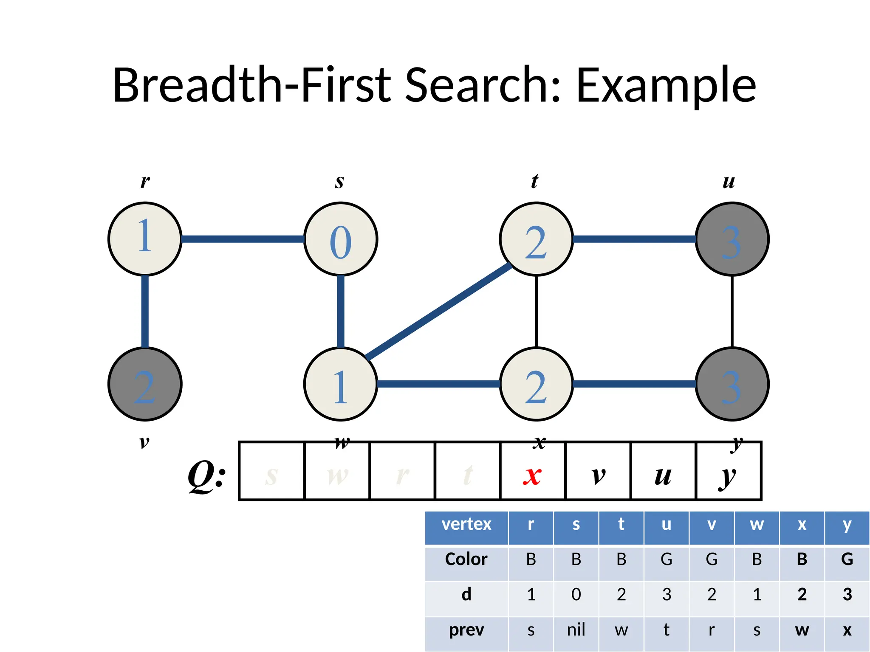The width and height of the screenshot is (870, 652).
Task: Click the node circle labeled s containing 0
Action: coord(341,239)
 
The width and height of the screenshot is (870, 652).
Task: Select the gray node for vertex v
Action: coord(145,384)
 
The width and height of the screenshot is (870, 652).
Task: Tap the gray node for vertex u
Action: coord(732,239)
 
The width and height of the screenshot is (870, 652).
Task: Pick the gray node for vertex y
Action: coord(732,384)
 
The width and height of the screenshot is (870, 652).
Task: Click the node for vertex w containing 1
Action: coord(341,384)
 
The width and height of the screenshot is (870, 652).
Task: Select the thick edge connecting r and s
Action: coord(242,239)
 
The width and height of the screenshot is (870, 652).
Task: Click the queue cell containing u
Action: coord(663,471)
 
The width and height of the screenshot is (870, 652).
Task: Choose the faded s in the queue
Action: coord(271,475)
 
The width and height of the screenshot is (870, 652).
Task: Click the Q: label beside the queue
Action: coord(207,475)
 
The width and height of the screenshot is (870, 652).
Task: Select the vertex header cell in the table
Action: coord(466,525)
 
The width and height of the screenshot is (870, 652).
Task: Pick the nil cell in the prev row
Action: coord(576,630)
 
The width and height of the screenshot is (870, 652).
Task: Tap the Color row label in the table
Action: coord(466,559)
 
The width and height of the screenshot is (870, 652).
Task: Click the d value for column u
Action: coord(666,595)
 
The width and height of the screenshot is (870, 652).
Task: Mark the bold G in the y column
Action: coord(847,559)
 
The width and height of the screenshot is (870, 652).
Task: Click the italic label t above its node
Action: coord(534,181)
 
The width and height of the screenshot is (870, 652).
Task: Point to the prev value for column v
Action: coord(711,630)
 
